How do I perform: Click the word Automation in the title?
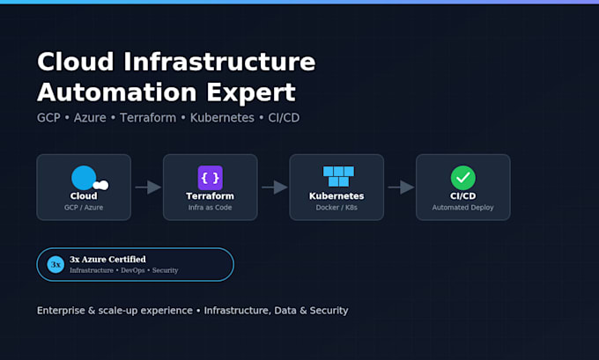[117, 92]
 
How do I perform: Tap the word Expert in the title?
[251, 92]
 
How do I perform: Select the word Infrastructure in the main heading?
[219, 61]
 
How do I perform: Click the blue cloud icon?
[89, 178]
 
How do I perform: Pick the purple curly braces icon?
[211, 178]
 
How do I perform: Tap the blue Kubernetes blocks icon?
[338, 176]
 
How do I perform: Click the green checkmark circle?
[463, 178]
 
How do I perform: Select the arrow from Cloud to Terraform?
[148, 187]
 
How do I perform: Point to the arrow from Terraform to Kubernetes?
[274, 187]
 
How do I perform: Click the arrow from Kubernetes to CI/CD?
[401, 187]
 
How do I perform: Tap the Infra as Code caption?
[211, 208]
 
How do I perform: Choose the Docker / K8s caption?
[336, 208]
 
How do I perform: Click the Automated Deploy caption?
[463, 208]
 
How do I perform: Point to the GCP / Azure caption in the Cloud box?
[84, 208]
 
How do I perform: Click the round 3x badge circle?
[55, 265]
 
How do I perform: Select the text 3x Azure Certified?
[107, 259]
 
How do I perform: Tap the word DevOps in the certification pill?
[132, 270]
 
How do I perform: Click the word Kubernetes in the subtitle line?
[222, 118]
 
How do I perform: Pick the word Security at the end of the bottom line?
[329, 311]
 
